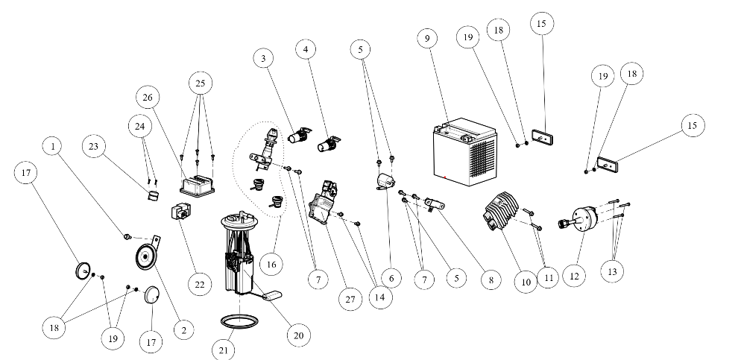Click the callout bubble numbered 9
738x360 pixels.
(428, 38)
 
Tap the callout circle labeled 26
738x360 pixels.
(148, 97)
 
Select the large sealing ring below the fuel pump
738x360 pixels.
(239, 322)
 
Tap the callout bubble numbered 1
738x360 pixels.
(54, 147)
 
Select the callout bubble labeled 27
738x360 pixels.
(347, 299)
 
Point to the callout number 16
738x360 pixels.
(271, 263)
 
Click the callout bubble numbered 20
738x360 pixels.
(298, 335)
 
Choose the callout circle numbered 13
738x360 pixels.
(613, 271)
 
